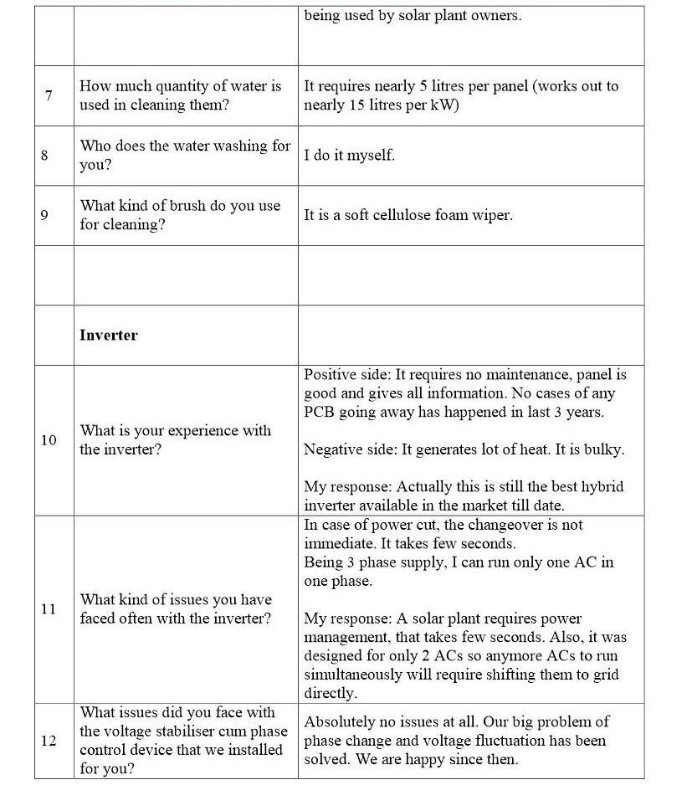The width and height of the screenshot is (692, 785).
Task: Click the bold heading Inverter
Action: click(109, 335)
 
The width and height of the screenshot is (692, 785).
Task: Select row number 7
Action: click(49, 95)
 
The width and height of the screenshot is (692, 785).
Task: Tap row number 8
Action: click(44, 156)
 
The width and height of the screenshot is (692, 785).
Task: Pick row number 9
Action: click(44, 215)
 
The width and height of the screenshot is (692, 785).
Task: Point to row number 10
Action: click(48, 440)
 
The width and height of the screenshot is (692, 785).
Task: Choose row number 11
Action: click(48, 609)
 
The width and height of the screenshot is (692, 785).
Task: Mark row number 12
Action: click(48, 741)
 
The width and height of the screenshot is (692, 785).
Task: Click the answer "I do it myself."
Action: click(349, 156)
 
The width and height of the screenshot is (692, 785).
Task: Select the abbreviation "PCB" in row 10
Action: click(319, 412)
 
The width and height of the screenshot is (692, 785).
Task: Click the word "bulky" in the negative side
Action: click(604, 449)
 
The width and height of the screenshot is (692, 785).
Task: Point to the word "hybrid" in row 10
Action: click(602, 486)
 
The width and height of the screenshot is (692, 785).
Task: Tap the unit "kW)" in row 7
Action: click(445, 105)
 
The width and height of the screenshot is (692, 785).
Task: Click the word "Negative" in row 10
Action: click(332, 449)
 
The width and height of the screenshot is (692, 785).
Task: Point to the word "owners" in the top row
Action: click(494, 16)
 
